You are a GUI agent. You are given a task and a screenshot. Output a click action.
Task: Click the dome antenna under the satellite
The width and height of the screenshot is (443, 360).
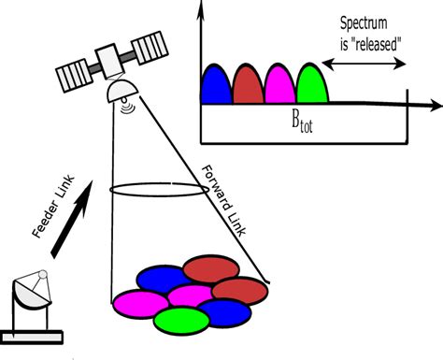tap(122, 92)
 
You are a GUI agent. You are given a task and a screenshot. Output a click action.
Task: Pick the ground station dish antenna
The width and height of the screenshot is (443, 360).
tap(34, 289)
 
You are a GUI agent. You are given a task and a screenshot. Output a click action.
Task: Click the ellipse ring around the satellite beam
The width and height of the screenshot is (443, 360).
tap(157, 190)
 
